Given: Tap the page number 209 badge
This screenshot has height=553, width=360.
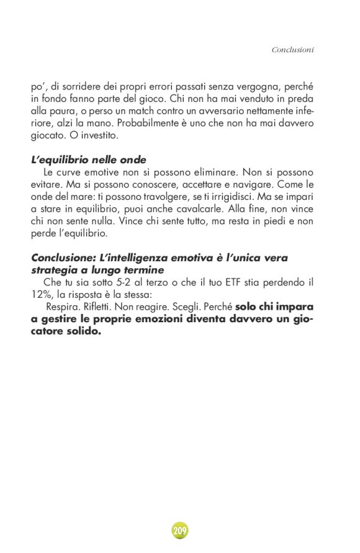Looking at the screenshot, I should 180,531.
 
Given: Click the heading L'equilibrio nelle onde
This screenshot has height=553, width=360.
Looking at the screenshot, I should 89,160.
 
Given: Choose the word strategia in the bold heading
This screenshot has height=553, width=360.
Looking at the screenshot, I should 56,270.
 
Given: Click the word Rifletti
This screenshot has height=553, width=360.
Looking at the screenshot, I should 104,307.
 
